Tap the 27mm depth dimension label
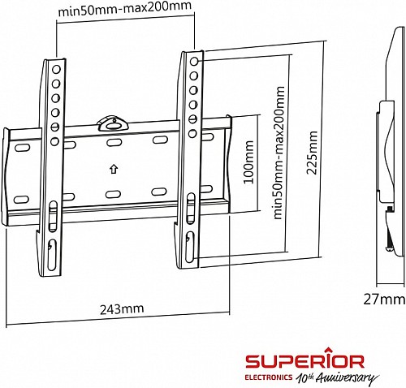pyautogui.click(x=383, y=300)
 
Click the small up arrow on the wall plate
pyautogui.click(x=112, y=169)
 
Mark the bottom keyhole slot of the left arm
pyautogui.click(x=51, y=245)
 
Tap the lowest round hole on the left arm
pyautogui.click(x=54, y=141)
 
